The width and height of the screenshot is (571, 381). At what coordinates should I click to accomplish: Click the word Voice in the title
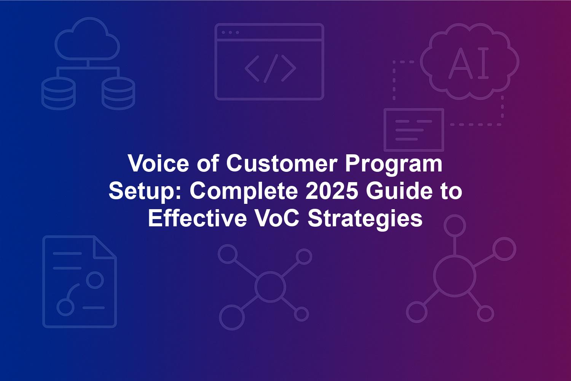[x=158, y=163]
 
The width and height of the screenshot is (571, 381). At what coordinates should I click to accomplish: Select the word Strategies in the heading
[x=365, y=220]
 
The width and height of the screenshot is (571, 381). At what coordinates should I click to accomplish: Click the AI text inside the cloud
[x=469, y=63]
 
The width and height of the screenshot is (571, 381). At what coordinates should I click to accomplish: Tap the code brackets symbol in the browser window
[x=270, y=69]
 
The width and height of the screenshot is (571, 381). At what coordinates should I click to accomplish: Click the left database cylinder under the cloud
[x=58, y=93]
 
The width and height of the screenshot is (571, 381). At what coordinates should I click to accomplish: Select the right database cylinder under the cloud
[x=118, y=93]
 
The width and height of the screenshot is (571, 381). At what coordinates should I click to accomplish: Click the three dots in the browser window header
[x=230, y=32]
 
